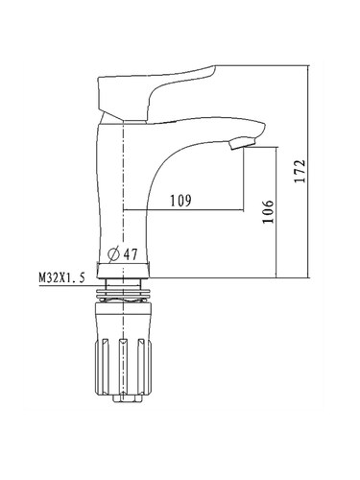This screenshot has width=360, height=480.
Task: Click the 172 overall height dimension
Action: point(300,171)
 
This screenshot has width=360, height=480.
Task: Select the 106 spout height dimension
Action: point(268,211)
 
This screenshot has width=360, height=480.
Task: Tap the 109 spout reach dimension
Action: point(180,201)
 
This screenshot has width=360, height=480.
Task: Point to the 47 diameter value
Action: point(131,254)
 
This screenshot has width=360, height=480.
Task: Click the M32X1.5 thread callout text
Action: point(62,277)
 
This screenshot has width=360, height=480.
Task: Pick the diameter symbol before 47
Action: point(114,254)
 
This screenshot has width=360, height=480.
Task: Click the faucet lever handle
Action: point(156,94)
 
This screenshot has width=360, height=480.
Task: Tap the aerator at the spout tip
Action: point(243,143)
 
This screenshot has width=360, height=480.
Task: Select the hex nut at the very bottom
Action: point(128,398)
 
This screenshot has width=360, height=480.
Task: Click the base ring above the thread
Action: point(123,270)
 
